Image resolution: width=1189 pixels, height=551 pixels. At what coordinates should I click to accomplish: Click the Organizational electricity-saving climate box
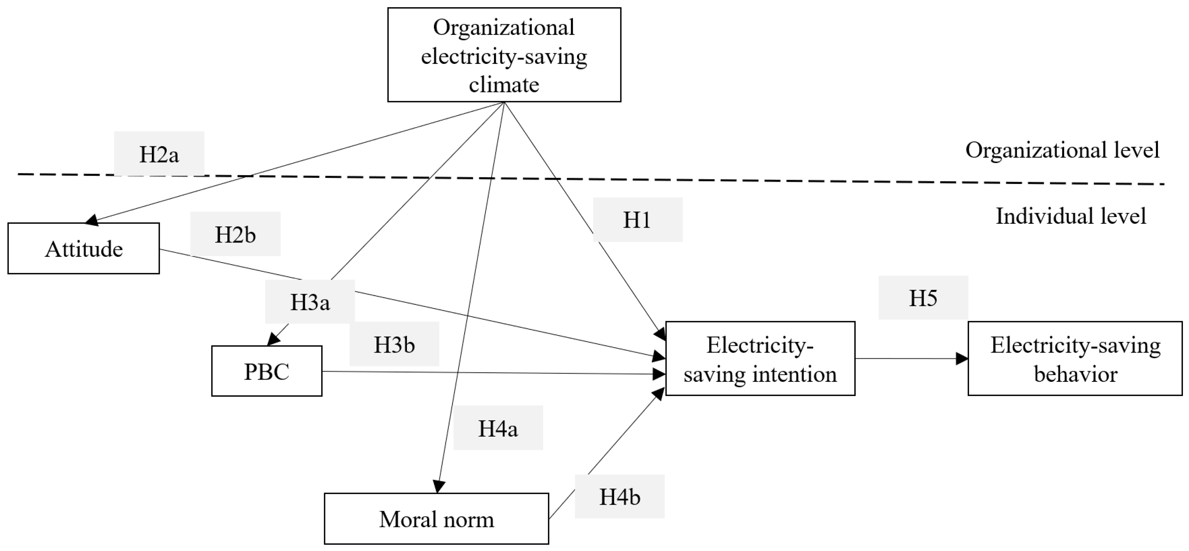pyautogui.click(x=504, y=55)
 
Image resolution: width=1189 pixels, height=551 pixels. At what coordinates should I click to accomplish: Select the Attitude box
pyautogui.click(x=84, y=249)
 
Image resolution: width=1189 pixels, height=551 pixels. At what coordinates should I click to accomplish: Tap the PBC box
pyautogui.click(x=267, y=371)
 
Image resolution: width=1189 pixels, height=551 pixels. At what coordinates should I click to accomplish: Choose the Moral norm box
pyautogui.click(x=436, y=519)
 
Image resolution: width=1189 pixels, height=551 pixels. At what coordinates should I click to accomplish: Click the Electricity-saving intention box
pyautogui.click(x=760, y=359)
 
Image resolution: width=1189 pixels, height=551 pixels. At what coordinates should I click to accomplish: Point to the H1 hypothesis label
pyautogui.click(x=637, y=220)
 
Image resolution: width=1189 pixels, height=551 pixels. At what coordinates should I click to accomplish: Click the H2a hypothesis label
pyautogui.click(x=159, y=154)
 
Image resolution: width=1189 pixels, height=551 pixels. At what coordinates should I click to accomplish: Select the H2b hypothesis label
pyautogui.click(x=235, y=234)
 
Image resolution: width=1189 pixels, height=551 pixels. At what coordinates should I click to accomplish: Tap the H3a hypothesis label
pyautogui.click(x=310, y=302)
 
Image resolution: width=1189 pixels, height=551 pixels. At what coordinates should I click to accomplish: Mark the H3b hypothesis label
pyautogui.click(x=394, y=344)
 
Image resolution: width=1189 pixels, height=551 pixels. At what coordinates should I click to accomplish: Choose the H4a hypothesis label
pyautogui.click(x=498, y=428)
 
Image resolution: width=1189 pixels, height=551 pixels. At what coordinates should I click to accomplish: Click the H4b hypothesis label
pyautogui.click(x=620, y=497)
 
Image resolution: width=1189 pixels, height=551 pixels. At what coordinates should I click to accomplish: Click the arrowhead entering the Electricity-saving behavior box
pyautogui.click(x=962, y=359)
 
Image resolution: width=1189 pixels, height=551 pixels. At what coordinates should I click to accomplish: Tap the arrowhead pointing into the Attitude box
pyautogui.click(x=92, y=220)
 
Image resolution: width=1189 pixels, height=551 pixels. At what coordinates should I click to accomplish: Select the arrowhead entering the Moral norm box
pyautogui.click(x=438, y=487)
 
